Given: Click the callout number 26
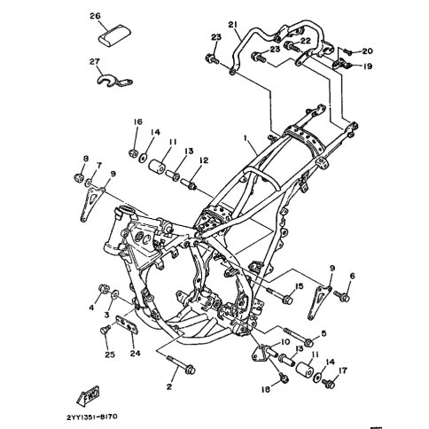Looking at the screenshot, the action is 96,16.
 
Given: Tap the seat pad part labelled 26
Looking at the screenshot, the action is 114,35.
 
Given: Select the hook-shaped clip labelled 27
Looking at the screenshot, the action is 113,81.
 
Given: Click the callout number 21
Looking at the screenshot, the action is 233,25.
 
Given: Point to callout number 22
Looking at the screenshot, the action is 306,41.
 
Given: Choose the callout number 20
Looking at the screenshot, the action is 367,51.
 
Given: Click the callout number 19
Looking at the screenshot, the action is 367,66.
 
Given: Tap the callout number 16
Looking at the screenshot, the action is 137,121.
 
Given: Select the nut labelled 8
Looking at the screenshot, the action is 79,178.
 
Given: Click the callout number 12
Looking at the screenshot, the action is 204,160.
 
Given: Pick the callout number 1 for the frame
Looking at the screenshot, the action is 245,137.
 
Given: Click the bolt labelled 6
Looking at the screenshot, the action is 342,296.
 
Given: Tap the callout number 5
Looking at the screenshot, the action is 324,333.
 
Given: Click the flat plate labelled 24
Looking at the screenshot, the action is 128,324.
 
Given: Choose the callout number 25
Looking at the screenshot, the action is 110,355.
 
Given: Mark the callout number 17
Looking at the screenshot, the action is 343,370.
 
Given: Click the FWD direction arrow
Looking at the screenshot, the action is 88,395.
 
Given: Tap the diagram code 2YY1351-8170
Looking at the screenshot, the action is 92,417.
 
